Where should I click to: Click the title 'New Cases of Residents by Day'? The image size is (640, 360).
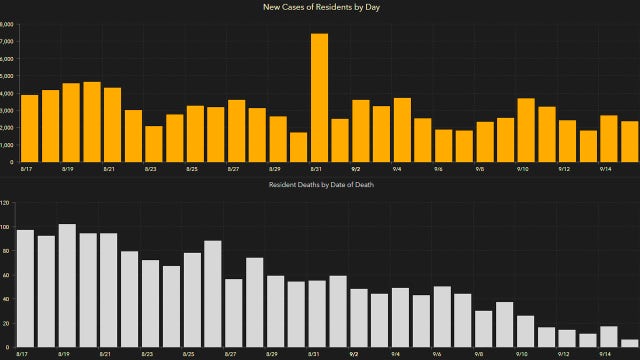(320, 7)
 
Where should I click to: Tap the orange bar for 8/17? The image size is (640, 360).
(29, 128)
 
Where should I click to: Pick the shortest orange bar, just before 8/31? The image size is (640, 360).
(299, 146)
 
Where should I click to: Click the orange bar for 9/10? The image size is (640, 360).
(526, 130)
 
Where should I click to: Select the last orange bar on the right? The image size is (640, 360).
(630, 141)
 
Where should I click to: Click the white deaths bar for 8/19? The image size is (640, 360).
(67, 286)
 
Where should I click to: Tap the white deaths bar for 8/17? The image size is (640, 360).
(25, 289)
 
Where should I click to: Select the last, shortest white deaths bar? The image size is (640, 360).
(629, 343)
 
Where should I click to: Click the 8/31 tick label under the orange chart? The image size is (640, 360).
(316, 169)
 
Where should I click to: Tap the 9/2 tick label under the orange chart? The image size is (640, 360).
(357, 169)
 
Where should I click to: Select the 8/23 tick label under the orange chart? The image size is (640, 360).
(149, 169)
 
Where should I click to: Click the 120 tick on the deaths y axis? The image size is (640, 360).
(5, 203)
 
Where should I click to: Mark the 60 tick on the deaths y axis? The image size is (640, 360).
(6, 275)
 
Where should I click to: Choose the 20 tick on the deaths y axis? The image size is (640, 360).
(6, 323)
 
